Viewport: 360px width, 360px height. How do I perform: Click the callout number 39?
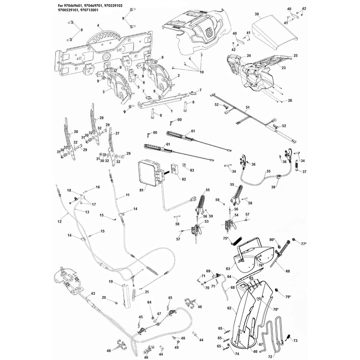256,14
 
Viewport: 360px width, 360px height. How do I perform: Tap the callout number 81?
141,190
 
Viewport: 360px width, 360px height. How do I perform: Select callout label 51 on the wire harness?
247,107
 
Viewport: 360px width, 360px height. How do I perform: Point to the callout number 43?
93,293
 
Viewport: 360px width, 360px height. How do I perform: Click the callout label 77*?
303,244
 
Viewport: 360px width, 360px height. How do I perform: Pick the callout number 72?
270,356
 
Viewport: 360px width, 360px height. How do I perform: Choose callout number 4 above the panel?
98,26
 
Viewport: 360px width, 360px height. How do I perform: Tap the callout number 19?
111,281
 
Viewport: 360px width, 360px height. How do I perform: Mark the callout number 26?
290,100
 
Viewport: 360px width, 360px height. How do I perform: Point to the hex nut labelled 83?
184,165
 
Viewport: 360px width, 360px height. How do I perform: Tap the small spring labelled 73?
288,337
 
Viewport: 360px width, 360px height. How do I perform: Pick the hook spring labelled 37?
297,165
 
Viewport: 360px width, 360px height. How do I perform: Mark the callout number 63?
228,268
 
